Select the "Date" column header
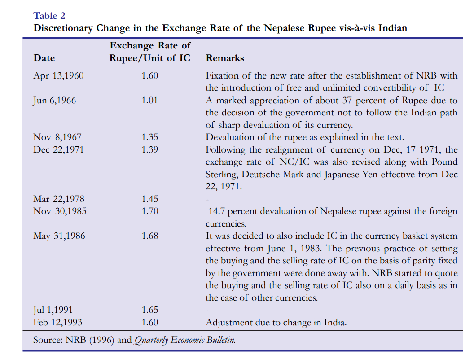[44, 58]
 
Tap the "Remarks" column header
[225, 58]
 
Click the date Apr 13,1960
[58, 75]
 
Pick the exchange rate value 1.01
[149, 100]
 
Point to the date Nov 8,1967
[57, 137]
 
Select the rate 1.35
[149, 137]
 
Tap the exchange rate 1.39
[149, 149]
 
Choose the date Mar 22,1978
[59, 199]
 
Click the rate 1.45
[149, 199]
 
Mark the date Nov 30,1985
[59, 211]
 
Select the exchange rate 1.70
[149, 211]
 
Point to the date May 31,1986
[59, 236]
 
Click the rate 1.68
[149, 236]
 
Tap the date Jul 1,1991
[53, 310]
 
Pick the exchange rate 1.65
[149, 310]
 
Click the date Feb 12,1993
[58, 322]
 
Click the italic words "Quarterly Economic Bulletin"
[184, 340]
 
